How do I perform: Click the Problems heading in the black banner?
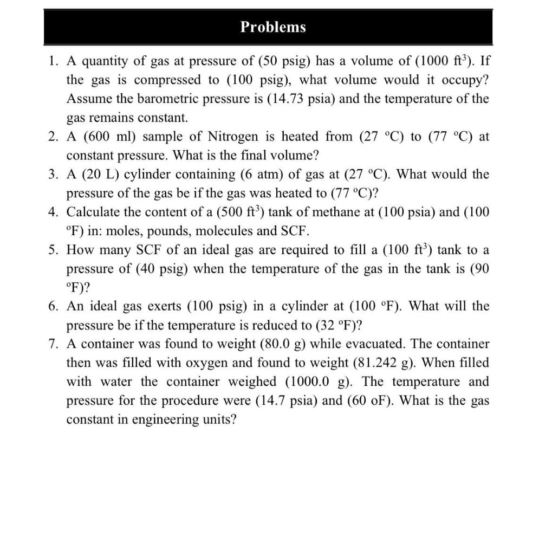[x=273, y=27]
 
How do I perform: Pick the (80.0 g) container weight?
[x=283, y=344]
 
